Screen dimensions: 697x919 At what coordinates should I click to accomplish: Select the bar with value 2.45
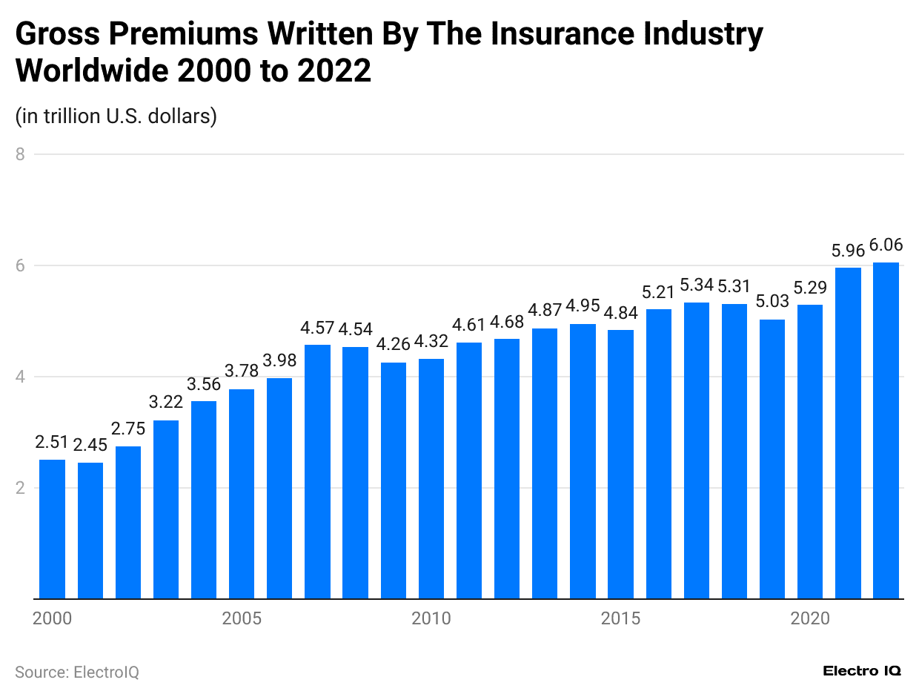(90, 530)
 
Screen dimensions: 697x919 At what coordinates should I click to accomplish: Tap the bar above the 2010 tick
(431, 478)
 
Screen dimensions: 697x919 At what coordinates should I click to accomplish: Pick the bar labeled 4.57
(318, 472)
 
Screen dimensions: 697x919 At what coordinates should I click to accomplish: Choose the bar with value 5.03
(772, 459)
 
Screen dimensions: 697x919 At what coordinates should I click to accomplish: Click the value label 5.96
(848, 251)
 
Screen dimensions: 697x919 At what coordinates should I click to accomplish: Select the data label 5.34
(697, 285)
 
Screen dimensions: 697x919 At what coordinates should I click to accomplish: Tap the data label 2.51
(52, 443)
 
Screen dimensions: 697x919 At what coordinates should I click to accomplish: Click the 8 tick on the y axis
(20, 154)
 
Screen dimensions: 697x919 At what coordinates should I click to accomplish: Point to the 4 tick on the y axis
(20, 377)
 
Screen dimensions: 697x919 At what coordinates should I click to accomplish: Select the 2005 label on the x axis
(242, 619)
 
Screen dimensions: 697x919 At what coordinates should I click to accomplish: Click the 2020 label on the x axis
(810, 619)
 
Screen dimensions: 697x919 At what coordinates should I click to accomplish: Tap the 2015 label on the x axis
(620, 619)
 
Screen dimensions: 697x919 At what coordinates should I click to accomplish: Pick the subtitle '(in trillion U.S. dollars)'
(116, 116)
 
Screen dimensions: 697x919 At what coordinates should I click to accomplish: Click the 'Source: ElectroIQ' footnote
(77, 672)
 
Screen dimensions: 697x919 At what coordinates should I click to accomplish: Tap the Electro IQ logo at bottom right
(862, 671)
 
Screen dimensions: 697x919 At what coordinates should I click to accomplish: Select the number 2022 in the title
(334, 71)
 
